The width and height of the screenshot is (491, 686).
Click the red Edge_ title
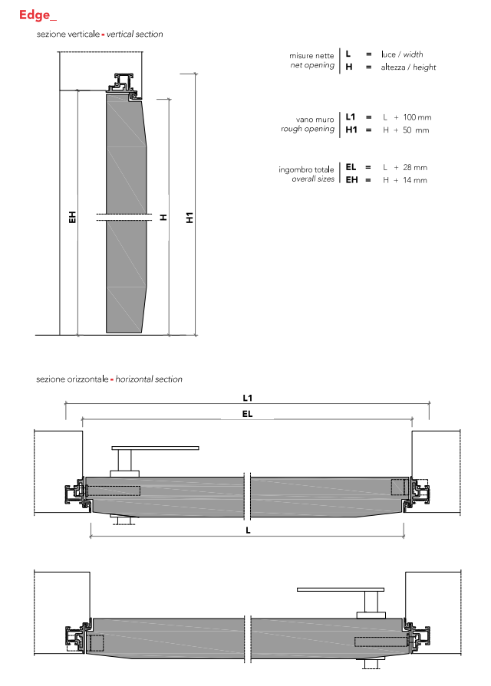(38, 15)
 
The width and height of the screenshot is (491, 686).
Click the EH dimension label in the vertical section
(73, 217)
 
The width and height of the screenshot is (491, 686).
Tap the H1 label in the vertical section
(189, 218)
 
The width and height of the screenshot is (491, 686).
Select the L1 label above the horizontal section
(248, 398)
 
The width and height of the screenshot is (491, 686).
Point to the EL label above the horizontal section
(248, 414)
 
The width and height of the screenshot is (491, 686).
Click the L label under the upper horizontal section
(248, 530)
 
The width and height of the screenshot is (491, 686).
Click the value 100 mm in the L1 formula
(417, 117)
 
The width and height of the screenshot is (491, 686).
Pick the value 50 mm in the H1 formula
(416, 130)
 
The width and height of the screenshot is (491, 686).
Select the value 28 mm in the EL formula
(415, 168)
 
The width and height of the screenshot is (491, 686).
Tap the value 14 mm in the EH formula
(415, 180)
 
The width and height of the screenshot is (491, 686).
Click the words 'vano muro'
(315, 120)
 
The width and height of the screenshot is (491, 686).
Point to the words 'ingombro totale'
(306, 169)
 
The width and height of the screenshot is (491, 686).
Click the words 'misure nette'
(311, 55)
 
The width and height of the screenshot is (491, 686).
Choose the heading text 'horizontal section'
(149, 379)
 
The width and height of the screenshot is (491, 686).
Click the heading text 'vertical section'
(134, 34)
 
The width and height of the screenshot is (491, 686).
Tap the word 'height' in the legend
(424, 67)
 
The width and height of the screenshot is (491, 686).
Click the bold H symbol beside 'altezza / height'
(349, 67)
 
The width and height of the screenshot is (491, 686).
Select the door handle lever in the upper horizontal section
(155, 448)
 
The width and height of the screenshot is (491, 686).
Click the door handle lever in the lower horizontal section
(341, 589)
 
